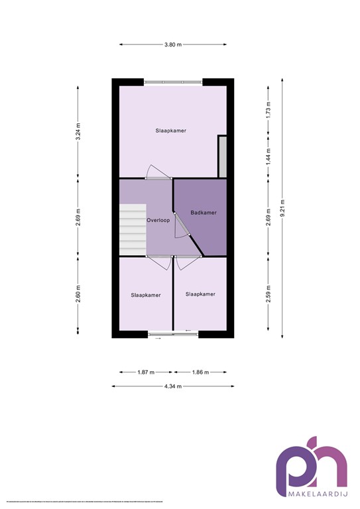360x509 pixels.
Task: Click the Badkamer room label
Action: (x=203, y=213)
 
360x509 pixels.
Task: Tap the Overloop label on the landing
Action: (x=158, y=219)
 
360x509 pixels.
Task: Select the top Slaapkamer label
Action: (x=171, y=131)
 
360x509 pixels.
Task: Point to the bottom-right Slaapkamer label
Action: (x=200, y=294)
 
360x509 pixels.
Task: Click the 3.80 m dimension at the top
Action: (x=173, y=44)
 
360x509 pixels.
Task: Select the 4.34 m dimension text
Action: (x=173, y=386)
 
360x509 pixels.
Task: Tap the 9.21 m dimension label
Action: (x=283, y=207)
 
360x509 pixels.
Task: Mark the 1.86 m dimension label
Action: (x=200, y=372)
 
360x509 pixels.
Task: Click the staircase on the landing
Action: (x=132, y=229)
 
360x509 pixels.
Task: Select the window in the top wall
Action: (x=173, y=82)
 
